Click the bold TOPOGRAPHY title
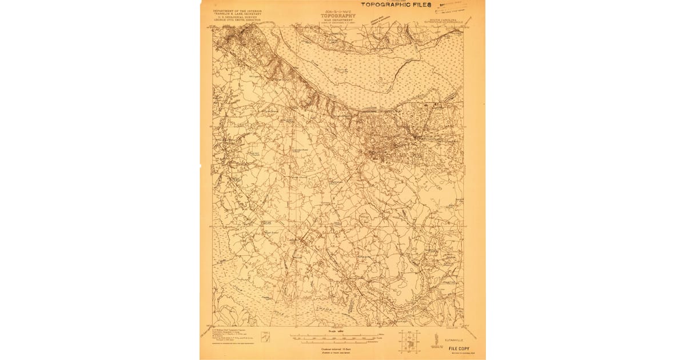click(x=337, y=16)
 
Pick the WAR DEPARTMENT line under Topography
click(x=337, y=21)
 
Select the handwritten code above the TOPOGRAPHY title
click(x=337, y=11)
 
